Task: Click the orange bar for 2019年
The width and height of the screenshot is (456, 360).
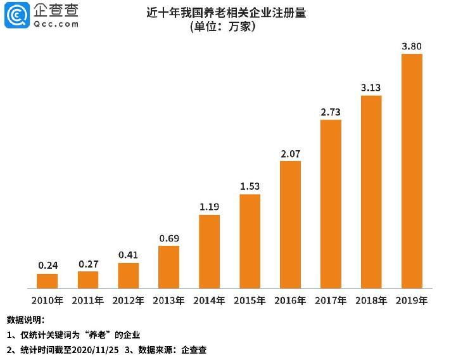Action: click(412, 171)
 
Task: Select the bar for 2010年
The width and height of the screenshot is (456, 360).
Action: click(47, 281)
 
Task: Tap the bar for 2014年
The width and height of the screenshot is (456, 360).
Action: click(209, 252)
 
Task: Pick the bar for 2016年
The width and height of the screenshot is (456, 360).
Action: click(290, 225)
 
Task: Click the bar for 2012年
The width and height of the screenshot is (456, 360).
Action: click(128, 276)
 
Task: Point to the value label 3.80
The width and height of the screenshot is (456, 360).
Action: click(412, 46)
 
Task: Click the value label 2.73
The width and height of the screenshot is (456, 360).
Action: click(331, 112)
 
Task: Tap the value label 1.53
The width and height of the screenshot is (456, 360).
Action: click(250, 186)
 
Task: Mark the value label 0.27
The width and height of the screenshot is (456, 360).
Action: click(87, 264)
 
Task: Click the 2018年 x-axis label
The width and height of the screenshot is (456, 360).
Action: click(371, 300)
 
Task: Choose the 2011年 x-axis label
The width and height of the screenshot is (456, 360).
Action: click(87, 300)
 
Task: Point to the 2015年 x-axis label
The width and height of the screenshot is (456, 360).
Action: click(250, 300)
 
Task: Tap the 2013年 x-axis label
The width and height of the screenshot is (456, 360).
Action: click(168, 300)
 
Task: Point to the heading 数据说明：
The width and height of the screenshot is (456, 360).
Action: click(25, 319)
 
